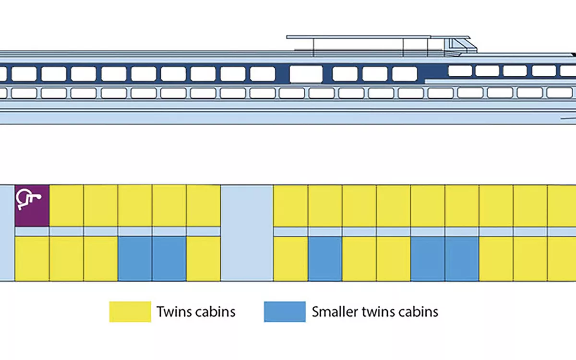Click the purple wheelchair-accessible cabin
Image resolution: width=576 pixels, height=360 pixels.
[x=32, y=205]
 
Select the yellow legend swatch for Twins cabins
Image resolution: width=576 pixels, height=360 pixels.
[x=130, y=312]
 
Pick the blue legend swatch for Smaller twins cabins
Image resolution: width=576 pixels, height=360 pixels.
[x=285, y=312]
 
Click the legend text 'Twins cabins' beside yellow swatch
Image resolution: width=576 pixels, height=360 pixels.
[x=196, y=312]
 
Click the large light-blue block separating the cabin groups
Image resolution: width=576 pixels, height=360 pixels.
[x=247, y=233]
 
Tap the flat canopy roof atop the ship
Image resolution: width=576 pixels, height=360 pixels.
[x=365, y=37]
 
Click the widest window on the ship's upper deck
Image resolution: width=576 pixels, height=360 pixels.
[x=306, y=74]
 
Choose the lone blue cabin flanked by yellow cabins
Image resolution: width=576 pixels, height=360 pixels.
[x=325, y=259]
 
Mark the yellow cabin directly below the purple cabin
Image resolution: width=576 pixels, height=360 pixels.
[x=32, y=259]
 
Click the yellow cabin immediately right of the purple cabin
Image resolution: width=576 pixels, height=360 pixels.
[x=67, y=205]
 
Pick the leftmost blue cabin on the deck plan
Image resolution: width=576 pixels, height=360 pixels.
[x=135, y=259]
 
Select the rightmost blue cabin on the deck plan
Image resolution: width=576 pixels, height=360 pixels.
[x=462, y=259]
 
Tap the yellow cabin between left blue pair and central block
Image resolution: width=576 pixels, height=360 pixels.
[x=204, y=259]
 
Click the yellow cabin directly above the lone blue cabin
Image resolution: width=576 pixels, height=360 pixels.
[x=325, y=205]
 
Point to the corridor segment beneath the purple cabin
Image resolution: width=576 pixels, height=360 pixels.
[x=32, y=231]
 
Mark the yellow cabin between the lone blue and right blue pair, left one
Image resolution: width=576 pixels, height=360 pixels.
[x=359, y=259]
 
